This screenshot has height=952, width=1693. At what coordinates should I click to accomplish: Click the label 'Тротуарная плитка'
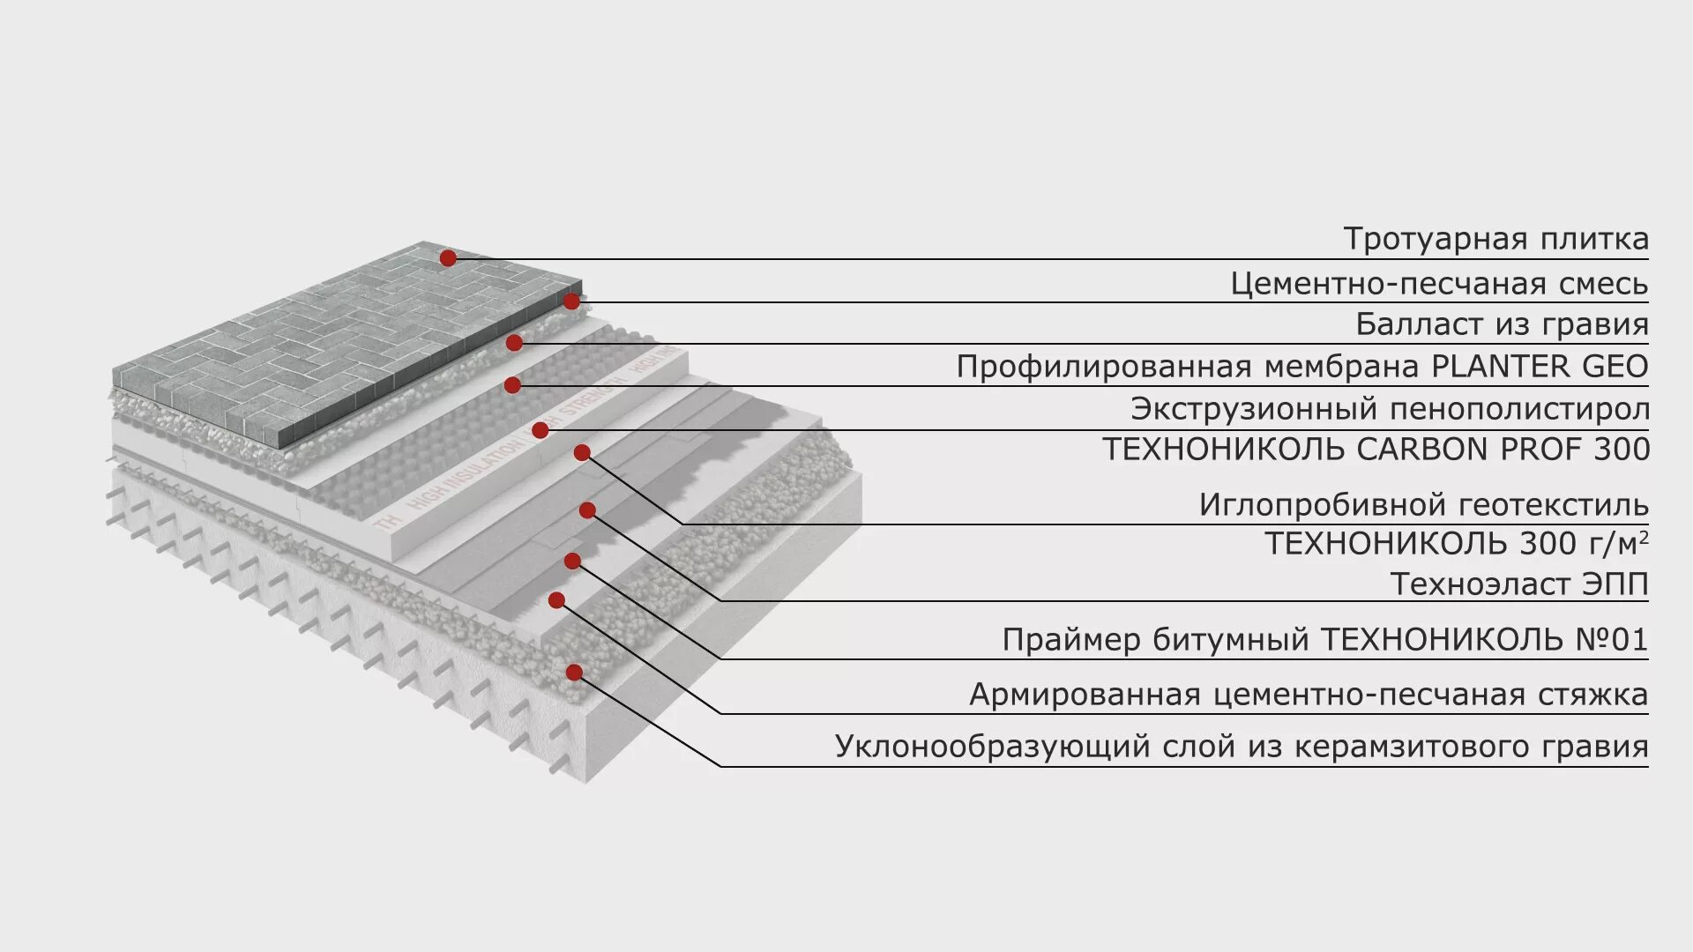(x=1495, y=239)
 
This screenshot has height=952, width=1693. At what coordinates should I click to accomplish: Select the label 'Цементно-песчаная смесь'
(x=1439, y=284)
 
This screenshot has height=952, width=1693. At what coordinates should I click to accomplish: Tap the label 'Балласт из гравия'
(x=1502, y=324)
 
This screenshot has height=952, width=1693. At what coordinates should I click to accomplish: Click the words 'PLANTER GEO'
(x=1539, y=366)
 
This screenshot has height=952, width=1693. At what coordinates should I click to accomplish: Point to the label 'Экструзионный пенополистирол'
(x=1390, y=409)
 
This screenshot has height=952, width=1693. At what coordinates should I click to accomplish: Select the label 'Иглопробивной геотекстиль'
(x=1423, y=505)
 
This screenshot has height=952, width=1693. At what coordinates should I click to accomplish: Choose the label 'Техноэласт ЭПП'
(x=1518, y=584)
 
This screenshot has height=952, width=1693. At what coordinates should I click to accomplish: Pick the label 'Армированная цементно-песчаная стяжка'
(x=1309, y=695)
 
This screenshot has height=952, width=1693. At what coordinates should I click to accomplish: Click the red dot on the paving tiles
(x=448, y=257)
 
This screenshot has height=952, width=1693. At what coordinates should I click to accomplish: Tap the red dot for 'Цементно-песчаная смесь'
(x=571, y=301)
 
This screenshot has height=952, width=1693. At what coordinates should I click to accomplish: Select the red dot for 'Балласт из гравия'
(x=514, y=343)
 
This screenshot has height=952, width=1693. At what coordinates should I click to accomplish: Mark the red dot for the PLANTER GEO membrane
(x=512, y=385)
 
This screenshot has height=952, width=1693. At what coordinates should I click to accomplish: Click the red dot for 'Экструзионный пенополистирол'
(x=541, y=430)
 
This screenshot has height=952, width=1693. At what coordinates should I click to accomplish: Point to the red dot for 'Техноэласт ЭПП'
(x=587, y=510)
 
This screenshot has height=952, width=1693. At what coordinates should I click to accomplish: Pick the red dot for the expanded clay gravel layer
(x=574, y=673)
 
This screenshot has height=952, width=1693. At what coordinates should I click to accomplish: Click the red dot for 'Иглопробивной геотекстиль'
(x=582, y=453)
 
